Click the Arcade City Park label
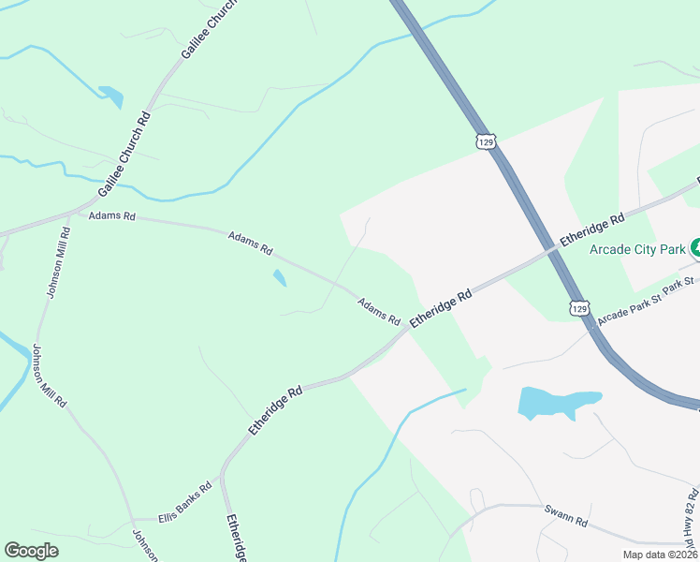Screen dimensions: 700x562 (x=638, y=248)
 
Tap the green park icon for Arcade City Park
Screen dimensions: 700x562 (x=695, y=248)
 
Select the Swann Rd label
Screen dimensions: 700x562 (x=565, y=514)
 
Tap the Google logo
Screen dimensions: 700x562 (x=31, y=551)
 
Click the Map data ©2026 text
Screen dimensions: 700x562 (x=660, y=555)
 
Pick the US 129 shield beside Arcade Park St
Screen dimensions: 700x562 (x=580, y=307)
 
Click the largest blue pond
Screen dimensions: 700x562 (x=555, y=402)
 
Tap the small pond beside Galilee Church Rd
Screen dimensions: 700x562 (x=110, y=95)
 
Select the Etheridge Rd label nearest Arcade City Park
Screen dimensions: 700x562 (x=591, y=230)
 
